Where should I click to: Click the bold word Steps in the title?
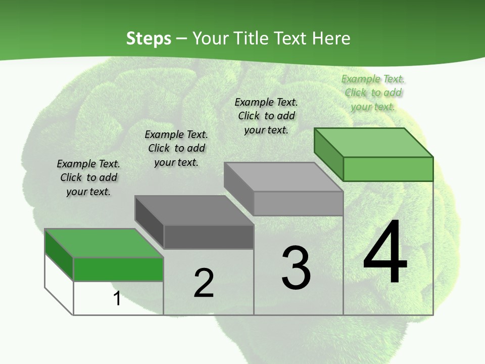[149, 38]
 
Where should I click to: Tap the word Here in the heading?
[331, 38]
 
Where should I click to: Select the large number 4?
[385, 253]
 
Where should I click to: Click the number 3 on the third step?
[296, 268]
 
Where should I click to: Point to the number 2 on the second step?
[204, 283]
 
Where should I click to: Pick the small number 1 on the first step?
[117, 299]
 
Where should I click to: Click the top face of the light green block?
[373, 142]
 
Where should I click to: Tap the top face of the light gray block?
[283, 177]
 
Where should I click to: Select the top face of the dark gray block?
[193, 210]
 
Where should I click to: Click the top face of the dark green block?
[104, 243]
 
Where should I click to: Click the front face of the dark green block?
[118, 269]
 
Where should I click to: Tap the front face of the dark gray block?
[209, 237]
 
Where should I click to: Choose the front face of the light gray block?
[298, 203]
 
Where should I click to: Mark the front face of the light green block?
[388, 169]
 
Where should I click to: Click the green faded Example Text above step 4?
[373, 93]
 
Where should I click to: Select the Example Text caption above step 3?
[266, 116]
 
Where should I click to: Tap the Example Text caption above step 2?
[176, 148]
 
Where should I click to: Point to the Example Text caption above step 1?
[88, 177]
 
